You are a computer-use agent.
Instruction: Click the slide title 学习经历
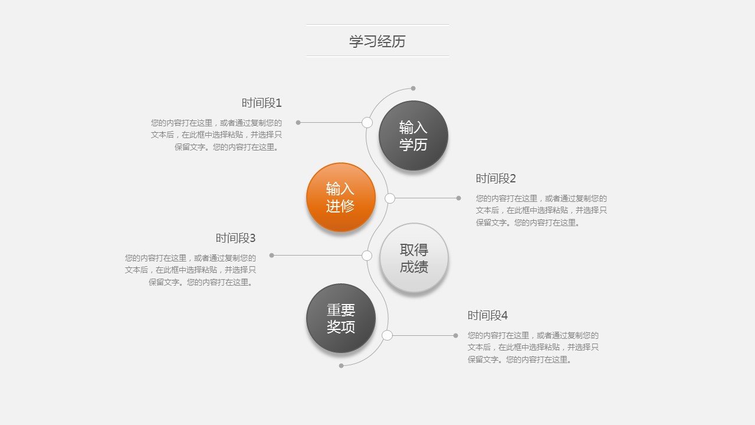[377, 41]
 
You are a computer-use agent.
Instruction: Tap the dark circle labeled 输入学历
[413, 135]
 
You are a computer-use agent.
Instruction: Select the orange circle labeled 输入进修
[341, 197]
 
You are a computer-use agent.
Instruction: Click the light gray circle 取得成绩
[414, 258]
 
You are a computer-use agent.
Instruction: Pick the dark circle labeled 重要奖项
[341, 318]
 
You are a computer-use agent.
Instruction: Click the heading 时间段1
[261, 103]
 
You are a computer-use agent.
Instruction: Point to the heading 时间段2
[496, 178]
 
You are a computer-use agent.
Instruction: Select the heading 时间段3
[235, 238]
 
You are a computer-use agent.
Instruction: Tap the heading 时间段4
[487, 315]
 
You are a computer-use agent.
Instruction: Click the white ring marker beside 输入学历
[367, 122]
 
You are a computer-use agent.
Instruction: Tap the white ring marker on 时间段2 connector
[390, 198]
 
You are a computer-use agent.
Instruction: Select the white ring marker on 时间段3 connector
[367, 256]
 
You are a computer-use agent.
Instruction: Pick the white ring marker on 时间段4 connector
[387, 335]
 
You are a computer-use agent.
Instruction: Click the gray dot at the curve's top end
[413, 89]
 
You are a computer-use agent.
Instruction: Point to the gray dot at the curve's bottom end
[341, 365]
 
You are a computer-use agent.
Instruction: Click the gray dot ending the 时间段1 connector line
[298, 122]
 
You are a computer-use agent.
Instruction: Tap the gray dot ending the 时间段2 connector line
[458, 198]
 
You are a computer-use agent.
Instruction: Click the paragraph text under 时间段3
[191, 270]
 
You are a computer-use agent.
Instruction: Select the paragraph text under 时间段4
[533, 347]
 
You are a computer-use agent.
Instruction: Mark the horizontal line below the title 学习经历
[377, 56]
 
